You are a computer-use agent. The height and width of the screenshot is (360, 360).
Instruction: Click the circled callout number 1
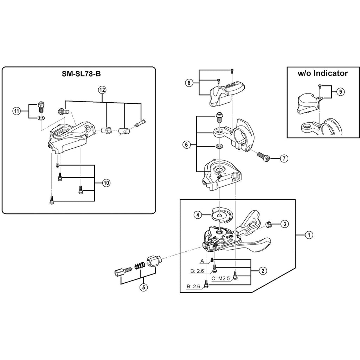pos(309,235)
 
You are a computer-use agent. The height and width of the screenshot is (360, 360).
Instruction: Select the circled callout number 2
pos(263,271)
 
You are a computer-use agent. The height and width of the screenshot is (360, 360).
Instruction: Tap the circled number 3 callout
pos(284,224)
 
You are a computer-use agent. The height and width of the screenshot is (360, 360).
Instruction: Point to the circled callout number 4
pos(198,215)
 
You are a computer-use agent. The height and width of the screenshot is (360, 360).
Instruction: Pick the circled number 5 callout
pos(143,287)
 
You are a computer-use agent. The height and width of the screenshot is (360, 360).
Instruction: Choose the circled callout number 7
pos(284,159)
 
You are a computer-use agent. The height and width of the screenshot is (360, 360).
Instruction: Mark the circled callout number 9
pos(340,92)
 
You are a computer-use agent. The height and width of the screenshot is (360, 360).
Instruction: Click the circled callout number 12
pos(102,90)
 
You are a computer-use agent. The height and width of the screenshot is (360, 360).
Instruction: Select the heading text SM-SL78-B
pos(81,74)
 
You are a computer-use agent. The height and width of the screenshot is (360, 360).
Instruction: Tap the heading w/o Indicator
pos(323,73)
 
